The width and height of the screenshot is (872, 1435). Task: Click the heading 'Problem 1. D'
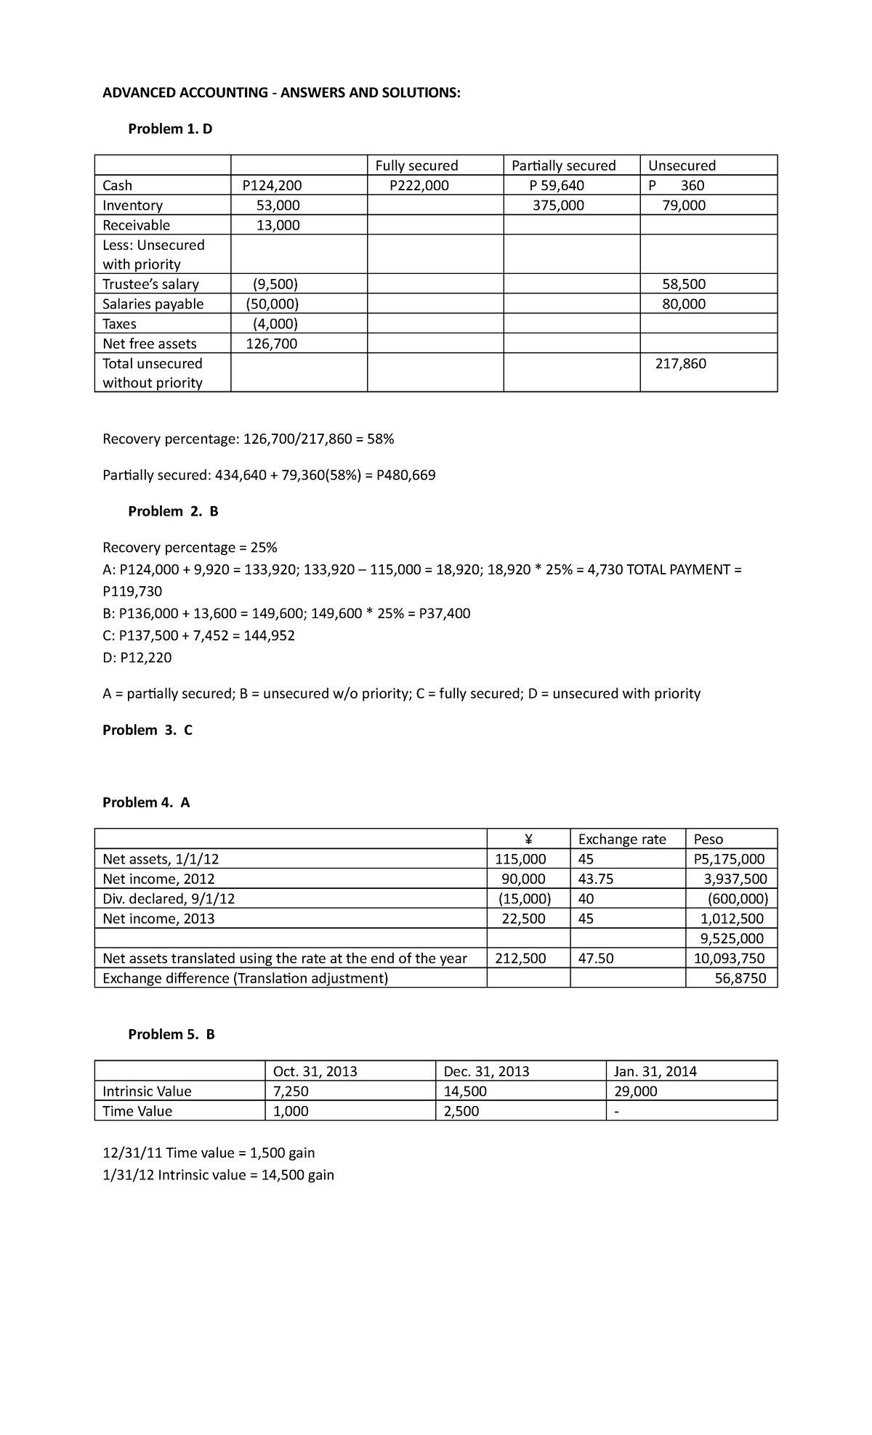[170, 129]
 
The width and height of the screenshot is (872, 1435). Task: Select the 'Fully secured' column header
[416, 166]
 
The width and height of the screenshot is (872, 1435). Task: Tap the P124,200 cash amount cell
[272, 186]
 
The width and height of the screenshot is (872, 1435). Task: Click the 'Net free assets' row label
[149, 343]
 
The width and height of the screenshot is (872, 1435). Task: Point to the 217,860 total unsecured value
[680, 363]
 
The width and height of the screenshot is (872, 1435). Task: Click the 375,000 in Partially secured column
[558, 206]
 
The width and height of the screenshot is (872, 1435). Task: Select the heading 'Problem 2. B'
[173, 511]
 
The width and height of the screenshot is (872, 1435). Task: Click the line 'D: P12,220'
[137, 658]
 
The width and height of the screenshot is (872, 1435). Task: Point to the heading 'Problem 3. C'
[148, 731]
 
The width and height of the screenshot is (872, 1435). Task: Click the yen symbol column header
[528, 840]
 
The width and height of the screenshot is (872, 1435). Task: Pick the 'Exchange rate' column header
[622, 840]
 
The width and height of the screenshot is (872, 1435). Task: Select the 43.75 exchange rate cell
[595, 879]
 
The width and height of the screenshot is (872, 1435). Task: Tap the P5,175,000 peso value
[730, 860]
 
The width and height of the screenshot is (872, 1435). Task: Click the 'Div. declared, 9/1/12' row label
[169, 899]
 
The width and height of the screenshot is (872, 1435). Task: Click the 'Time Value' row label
[137, 1111]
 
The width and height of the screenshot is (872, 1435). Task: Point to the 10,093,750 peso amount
[729, 959]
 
